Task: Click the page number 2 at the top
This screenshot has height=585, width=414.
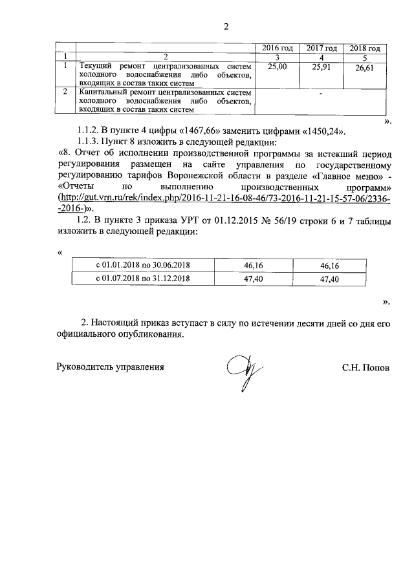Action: pyautogui.click(x=226, y=27)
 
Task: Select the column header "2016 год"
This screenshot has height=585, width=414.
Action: pyautogui.click(x=277, y=48)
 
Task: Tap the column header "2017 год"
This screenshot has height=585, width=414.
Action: pyautogui.click(x=321, y=48)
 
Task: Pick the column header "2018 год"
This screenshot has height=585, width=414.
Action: pyautogui.click(x=364, y=48)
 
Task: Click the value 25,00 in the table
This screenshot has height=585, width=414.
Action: pyautogui.click(x=277, y=66)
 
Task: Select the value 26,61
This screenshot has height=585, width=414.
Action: pyautogui.click(x=364, y=69)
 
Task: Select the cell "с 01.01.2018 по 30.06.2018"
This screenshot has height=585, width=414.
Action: pyautogui.click(x=143, y=265)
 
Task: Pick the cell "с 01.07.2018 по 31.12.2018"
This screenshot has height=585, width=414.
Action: pyautogui.click(x=143, y=279)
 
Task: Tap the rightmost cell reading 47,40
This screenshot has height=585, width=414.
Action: pyautogui.click(x=330, y=279)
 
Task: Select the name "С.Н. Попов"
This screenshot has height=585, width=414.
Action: pyautogui.click(x=366, y=367)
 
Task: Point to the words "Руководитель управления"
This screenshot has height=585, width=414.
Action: pyautogui.click(x=111, y=367)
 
